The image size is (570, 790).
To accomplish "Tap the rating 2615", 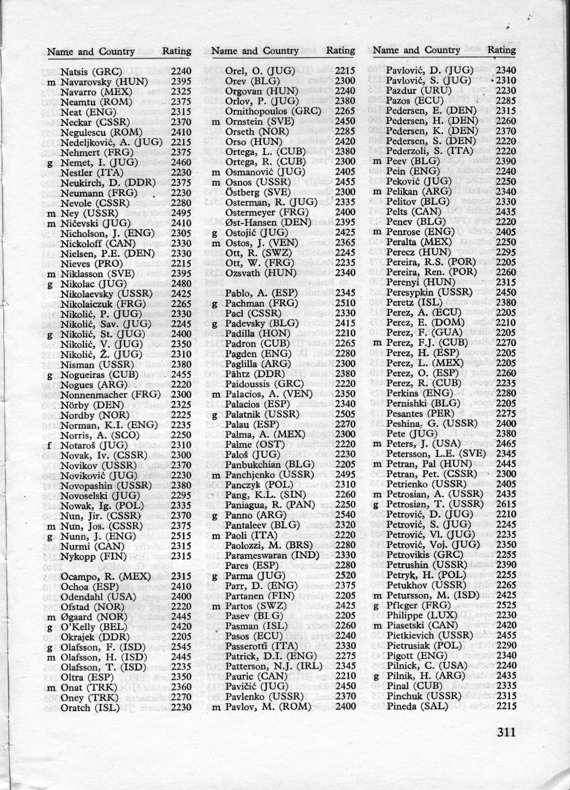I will (x=506, y=504).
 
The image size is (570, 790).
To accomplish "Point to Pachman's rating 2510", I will (x=345, y=303).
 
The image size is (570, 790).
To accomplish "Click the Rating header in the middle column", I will (x=341, y=51).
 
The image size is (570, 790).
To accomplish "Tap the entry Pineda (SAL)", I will (x=417, y=706).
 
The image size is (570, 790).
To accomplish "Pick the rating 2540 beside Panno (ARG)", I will (x=345, y=515).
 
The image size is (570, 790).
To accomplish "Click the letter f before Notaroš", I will (x=50, y=445).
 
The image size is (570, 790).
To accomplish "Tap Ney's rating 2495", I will (x=181, y=213).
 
